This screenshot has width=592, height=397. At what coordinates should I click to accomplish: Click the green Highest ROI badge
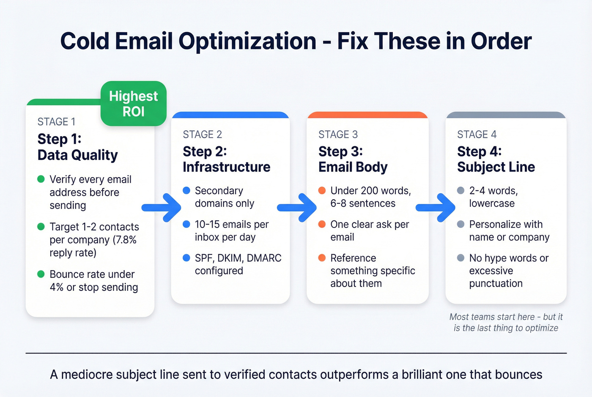(x=133, y=104)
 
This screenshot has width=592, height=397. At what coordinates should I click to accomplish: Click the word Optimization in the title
(x=247, y=41)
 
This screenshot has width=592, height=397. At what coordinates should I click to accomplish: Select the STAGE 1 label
(x=56, y=122)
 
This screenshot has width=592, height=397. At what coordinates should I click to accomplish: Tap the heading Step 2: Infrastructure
(x=226, y=159)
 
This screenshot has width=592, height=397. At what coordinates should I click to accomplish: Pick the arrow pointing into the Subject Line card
(x=436, y=208)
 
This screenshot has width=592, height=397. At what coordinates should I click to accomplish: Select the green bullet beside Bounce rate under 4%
(x=41, y=274)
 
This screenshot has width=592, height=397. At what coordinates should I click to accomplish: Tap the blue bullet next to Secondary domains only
(x=186, y=190)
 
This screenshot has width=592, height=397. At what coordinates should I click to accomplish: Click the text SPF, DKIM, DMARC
(x=238, y=258)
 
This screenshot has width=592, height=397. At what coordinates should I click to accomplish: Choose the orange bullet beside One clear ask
(x=322, y=224)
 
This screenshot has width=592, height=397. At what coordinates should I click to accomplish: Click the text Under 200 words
(x=370, y=191)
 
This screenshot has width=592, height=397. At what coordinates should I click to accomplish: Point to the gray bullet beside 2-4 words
(x=460, y=190)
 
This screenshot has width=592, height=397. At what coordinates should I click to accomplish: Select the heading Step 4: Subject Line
(x=496, y=159)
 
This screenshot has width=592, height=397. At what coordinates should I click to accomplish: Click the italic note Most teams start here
(x=506, y=322)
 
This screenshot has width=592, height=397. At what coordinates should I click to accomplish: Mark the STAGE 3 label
(x=338, y=134)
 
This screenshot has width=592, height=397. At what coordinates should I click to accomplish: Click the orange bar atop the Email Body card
(x=367, y=115)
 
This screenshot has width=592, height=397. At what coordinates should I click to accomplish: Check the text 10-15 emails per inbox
(x=231, y=230)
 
